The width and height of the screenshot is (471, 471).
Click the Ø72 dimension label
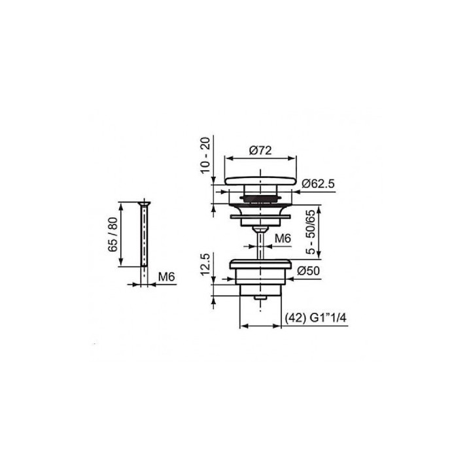pos(260,150)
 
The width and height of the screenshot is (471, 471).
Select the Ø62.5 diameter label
pos(318,184)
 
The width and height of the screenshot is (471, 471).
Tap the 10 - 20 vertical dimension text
pos(205,154)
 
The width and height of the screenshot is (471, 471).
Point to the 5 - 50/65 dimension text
pos(311,232)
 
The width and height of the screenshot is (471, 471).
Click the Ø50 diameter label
pos(309,271)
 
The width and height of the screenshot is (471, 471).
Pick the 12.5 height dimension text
pos(205,264)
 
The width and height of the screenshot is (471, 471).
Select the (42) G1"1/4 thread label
pos(315,317)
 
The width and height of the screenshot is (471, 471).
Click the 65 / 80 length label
pos(113,234)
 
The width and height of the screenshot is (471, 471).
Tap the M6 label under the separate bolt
pos(166,277)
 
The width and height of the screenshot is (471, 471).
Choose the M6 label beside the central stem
pos(283,239)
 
